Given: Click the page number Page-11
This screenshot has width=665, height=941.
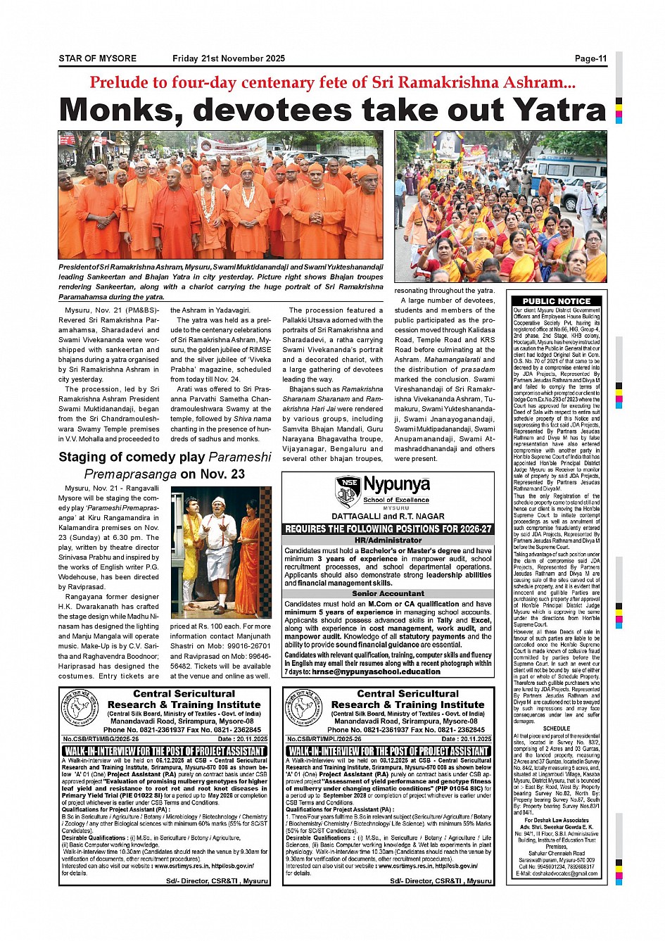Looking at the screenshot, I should [590, 58].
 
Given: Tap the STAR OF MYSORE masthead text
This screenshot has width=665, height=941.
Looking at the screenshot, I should [98, 58].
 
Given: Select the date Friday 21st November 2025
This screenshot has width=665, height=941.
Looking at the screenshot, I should [229, 58].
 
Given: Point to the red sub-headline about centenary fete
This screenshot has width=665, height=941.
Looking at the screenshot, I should [332, 82].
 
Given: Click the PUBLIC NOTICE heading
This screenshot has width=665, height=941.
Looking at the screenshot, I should [556, 301].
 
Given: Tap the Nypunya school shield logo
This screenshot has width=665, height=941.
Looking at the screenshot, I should [348, 491].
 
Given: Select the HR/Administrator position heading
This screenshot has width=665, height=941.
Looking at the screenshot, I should [388, 540].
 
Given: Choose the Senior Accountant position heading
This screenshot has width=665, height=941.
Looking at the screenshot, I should [388, 593].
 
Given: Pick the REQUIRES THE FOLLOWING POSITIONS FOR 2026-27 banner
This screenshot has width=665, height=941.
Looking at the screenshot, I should [388, 529].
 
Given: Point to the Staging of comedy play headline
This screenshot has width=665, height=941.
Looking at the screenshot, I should [165, 465].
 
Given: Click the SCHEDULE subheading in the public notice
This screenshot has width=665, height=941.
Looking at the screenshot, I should [556, 728].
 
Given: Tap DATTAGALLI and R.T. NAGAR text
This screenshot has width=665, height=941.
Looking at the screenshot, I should [388, 516].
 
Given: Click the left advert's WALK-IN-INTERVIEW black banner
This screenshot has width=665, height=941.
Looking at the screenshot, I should [164, 751].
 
